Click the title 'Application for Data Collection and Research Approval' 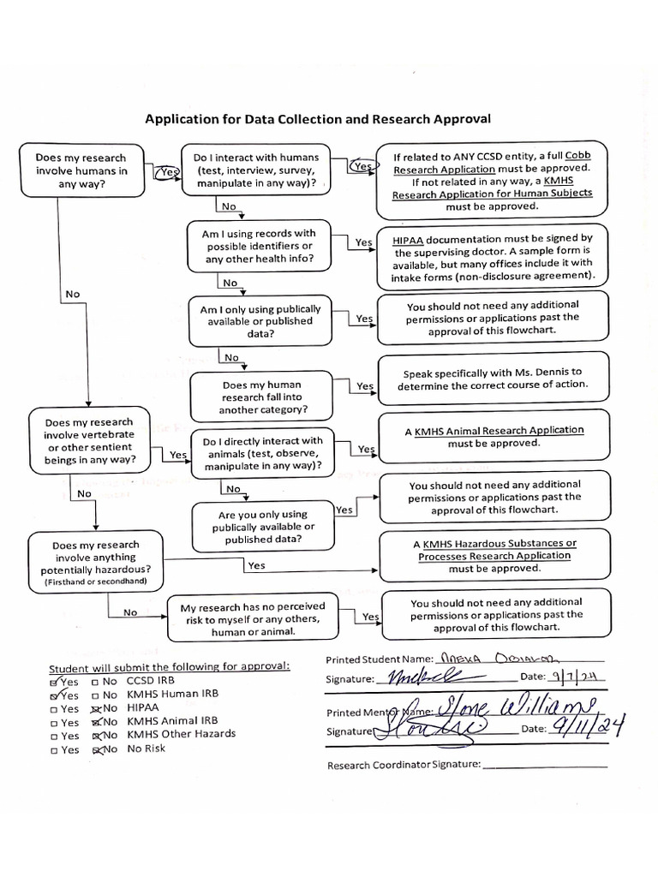tap(317, 119)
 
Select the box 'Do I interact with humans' tap(255, 170)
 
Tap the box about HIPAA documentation tap(492, 258)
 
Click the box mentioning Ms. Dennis tap(493, 379)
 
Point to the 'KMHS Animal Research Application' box tap(493, 437)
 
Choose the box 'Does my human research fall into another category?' tap(261, 397)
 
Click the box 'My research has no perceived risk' tap(252, 619)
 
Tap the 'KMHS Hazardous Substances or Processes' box tap(493, 555)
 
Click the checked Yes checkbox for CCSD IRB tap(55, 682)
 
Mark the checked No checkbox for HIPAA tap(96, 708)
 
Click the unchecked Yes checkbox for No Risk tap(54, 750)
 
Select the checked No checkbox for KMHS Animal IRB tap(96, 722)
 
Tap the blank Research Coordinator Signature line tap(545, 766)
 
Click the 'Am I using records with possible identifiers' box tap(258, 246)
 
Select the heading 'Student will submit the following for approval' tap(169, 668)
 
